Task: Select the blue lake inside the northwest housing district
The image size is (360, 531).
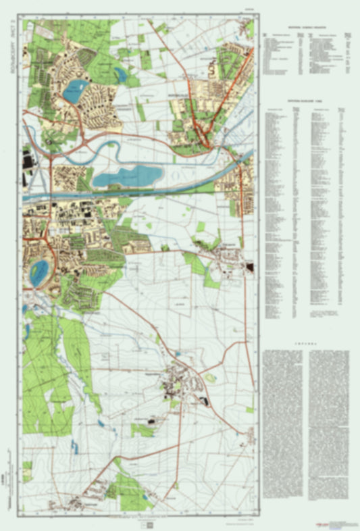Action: point(75,88)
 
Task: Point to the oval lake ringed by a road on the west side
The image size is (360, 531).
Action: point(37,272)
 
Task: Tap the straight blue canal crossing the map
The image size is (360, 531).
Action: point(135,193)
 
